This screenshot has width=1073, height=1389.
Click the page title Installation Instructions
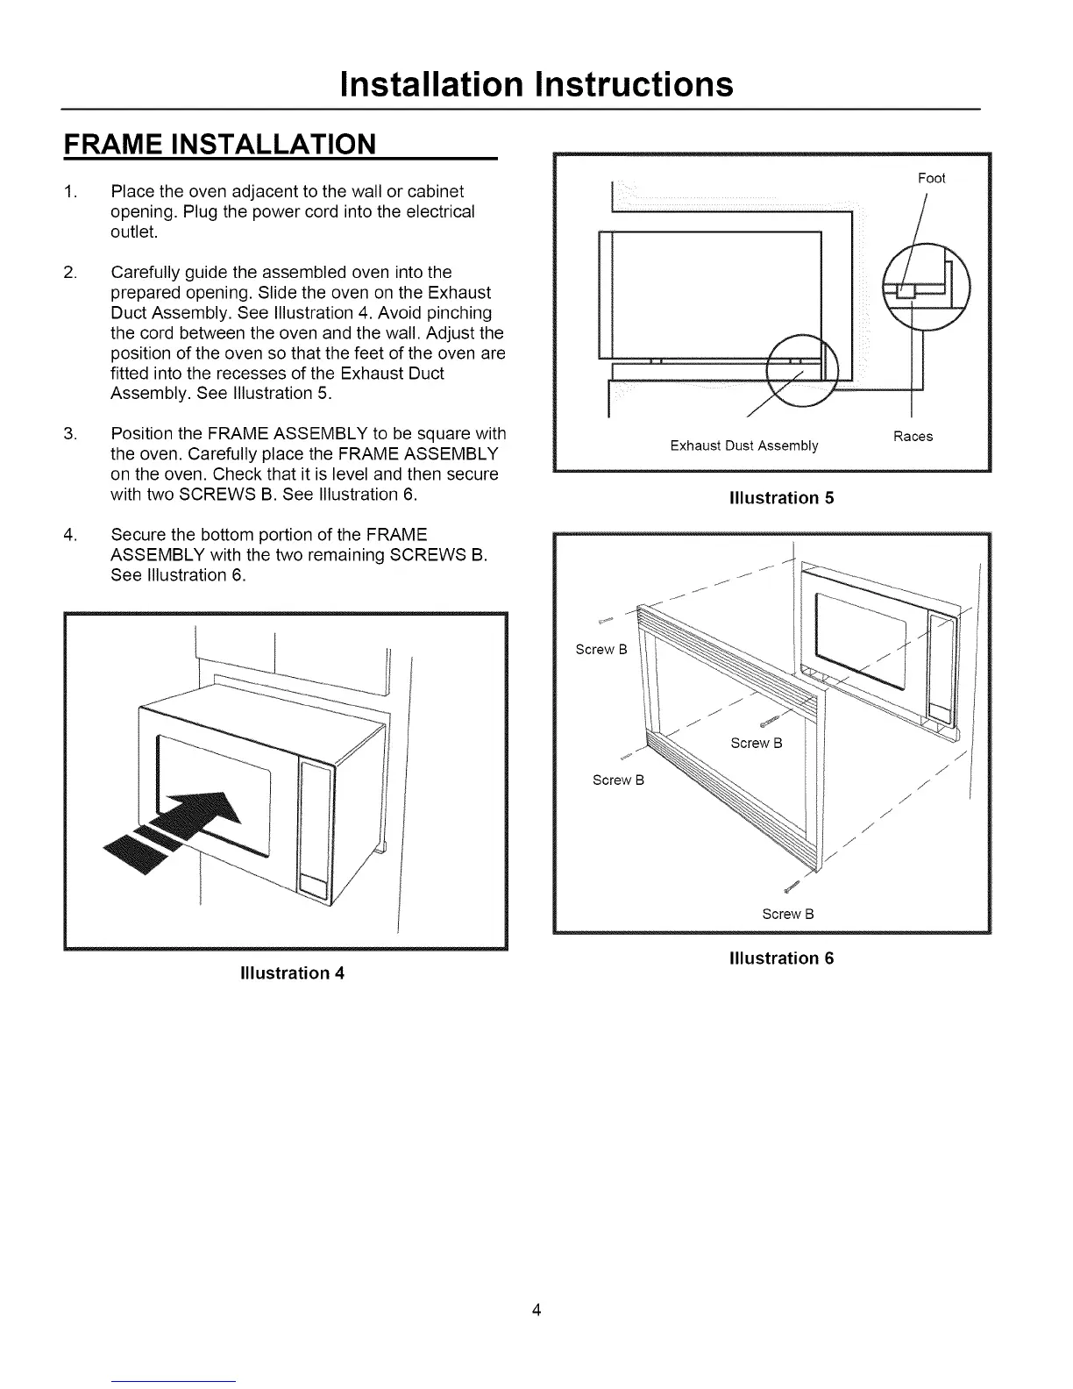point(536,84)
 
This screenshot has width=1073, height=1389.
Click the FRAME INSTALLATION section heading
point(219,144)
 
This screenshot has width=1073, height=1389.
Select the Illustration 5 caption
point(781,498)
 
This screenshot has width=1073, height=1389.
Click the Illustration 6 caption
point(781,958)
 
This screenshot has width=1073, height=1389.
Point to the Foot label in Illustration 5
point(931,179)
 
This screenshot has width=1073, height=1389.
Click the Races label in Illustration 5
point(913,437)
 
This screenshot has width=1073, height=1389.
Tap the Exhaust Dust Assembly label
point(743,446)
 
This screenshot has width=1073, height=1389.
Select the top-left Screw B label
point(600,650)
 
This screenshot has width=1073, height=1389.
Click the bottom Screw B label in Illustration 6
point(788,914)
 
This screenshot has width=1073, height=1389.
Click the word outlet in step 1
point(133,232)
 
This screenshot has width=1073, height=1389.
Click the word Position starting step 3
point(139,434)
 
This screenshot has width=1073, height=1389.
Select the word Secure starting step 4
point(137,535)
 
